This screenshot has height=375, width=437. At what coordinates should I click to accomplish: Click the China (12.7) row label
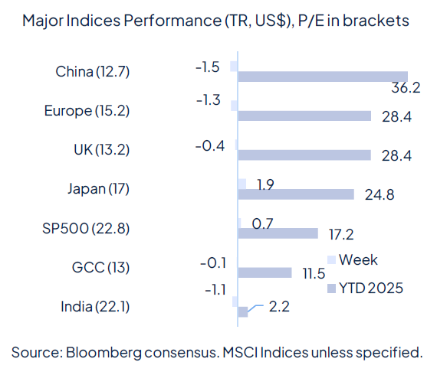click(93, 72)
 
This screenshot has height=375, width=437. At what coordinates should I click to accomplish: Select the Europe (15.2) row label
click(87, 111)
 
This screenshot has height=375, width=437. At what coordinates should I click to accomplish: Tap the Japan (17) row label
click(97, 189)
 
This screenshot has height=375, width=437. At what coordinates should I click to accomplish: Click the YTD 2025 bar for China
click(323, 77)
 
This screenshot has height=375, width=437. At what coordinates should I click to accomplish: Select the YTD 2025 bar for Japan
click(296, 194)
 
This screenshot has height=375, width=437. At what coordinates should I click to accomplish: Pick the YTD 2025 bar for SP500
click(278, 233)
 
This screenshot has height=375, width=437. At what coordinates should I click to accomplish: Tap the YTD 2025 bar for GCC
click(265, 272)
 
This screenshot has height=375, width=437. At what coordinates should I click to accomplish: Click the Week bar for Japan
click(242, 184)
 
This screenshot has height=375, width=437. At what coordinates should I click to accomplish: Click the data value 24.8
click(379, 194)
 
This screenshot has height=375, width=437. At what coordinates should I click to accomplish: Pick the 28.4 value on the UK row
click(396, 155)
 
